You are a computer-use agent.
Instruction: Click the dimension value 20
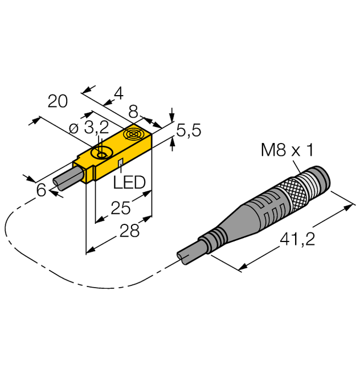(58, 102)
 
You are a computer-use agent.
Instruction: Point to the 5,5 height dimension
(188, 132)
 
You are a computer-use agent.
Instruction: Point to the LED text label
(129, 183)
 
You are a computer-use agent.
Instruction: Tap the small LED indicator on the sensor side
(121, 164)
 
